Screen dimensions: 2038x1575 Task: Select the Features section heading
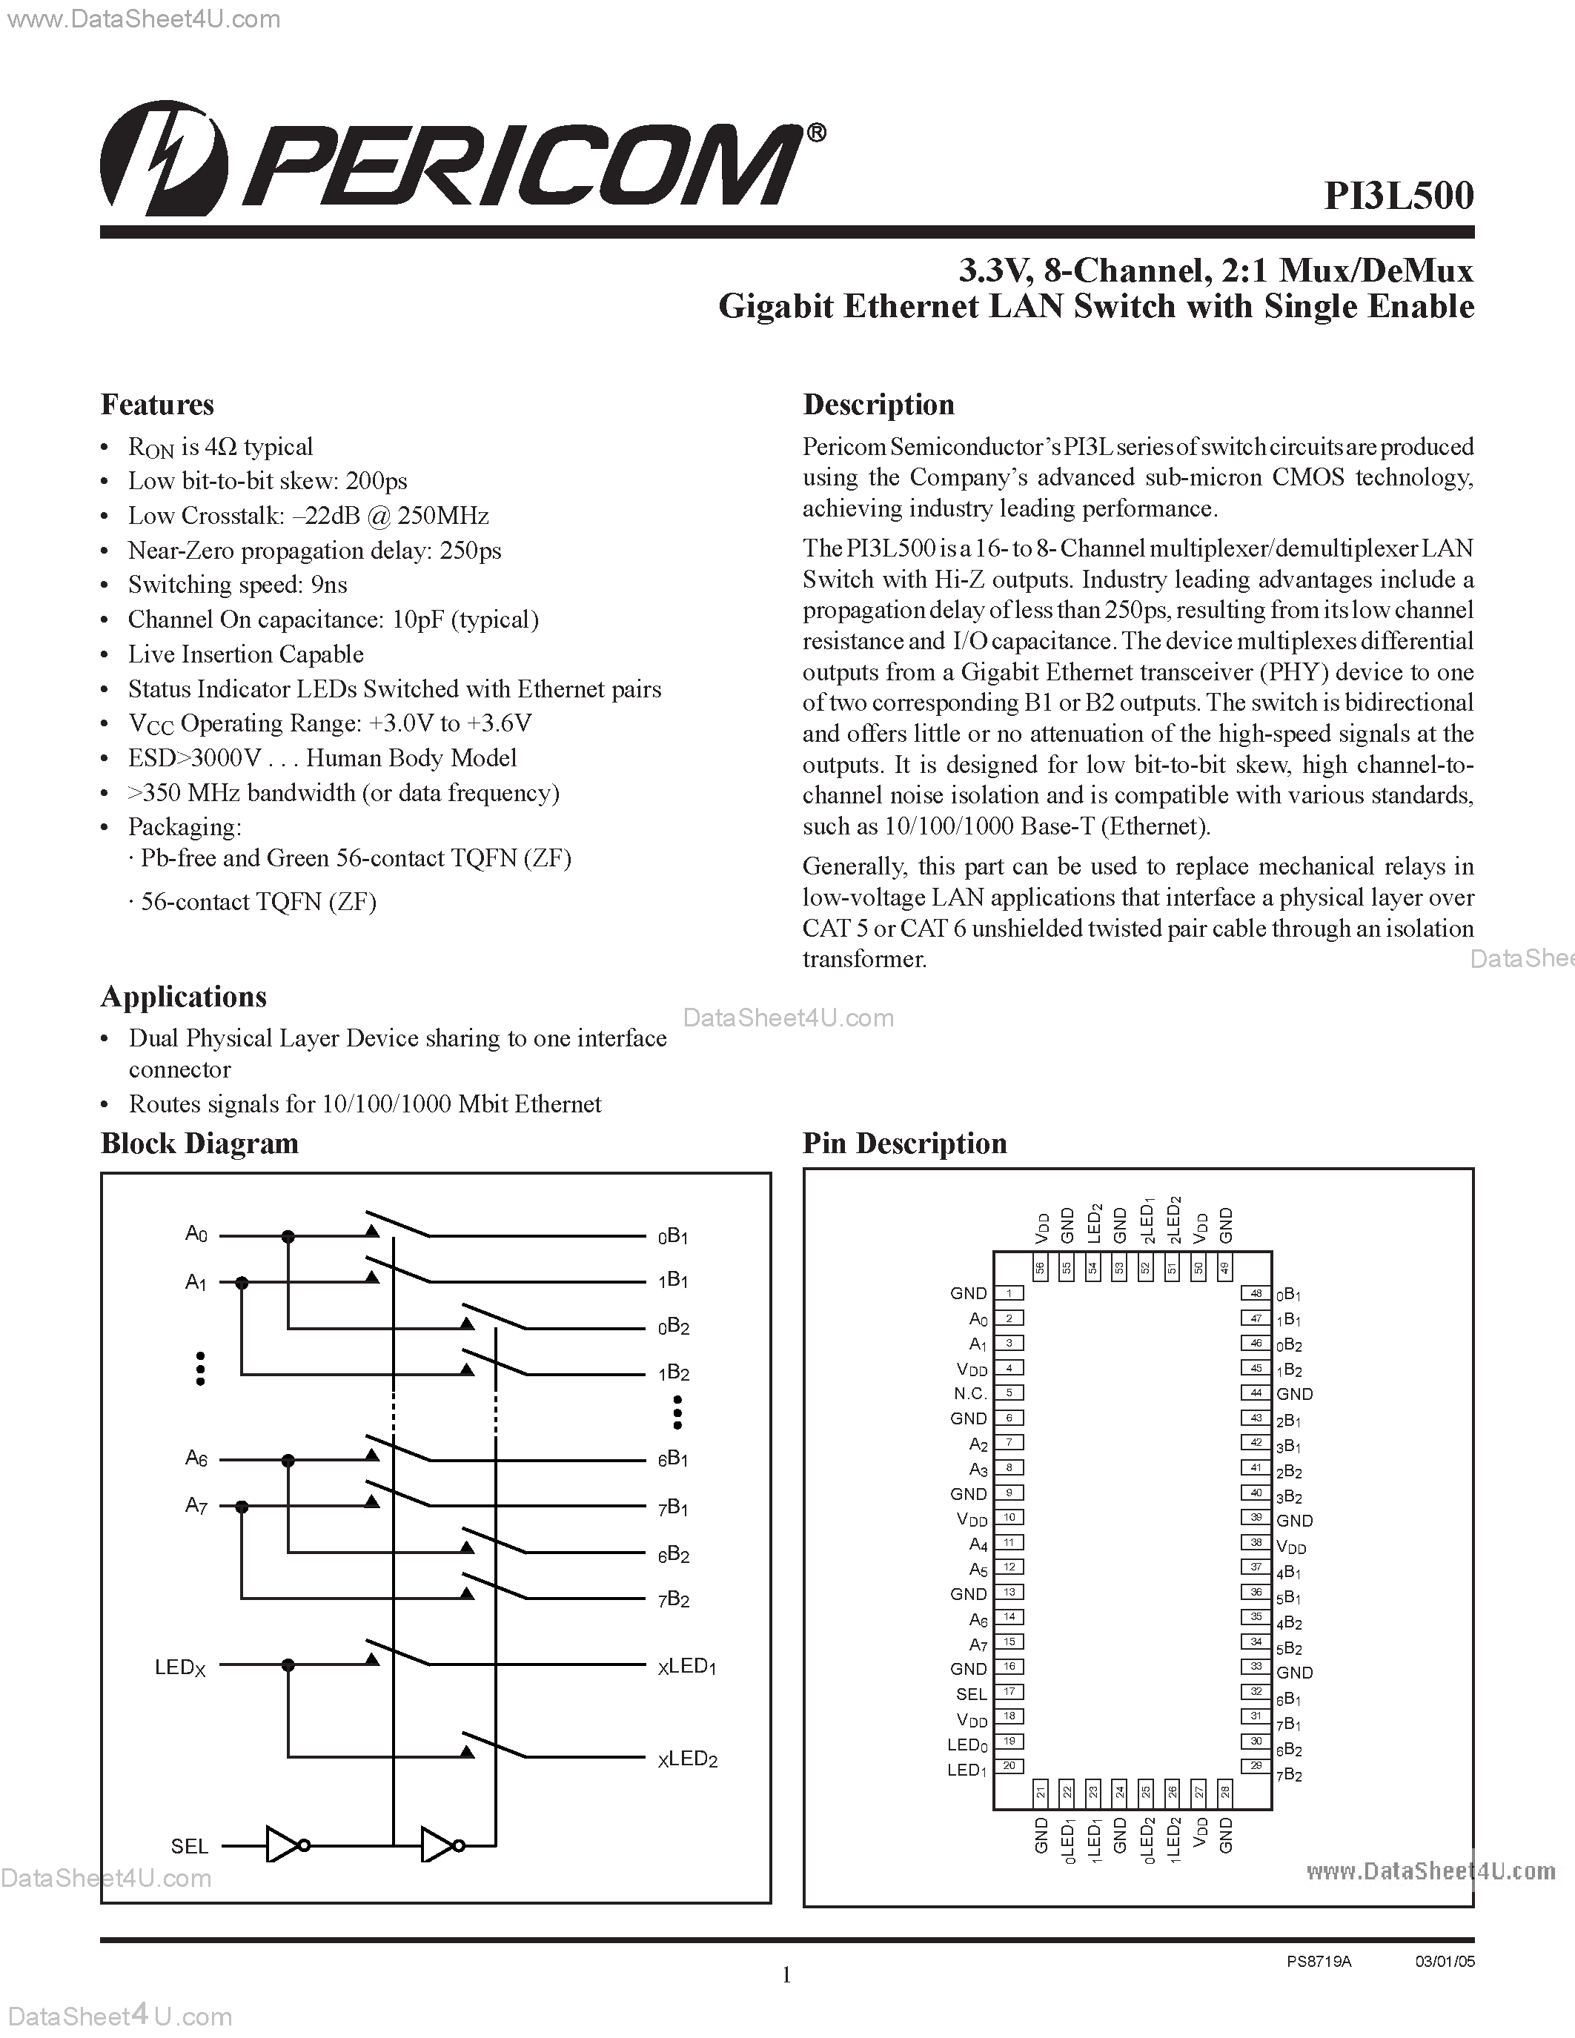click(x=156, y=405)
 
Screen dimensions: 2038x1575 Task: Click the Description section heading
click(x=878, y=405)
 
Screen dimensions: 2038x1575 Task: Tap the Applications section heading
click(x=183, y=997)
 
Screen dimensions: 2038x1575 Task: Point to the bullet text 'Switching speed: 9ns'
click(x=237, y=585)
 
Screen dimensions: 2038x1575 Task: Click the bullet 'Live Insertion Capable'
click(x=245, y=654)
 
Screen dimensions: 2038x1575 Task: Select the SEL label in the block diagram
click(x=190, y=1846)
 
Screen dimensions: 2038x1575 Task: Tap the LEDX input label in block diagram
click(x=179, y=1667)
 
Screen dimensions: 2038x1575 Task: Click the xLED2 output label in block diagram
click(x=688, y=1759)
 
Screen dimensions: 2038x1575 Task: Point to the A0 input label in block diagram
click(x=196, y=1235)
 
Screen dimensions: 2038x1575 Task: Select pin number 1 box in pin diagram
click(x=1009, y=1293)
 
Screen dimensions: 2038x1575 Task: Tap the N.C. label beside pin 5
click(x=969, y=1393)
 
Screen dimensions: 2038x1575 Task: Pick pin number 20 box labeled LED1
click(x=1009, y=1765)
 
